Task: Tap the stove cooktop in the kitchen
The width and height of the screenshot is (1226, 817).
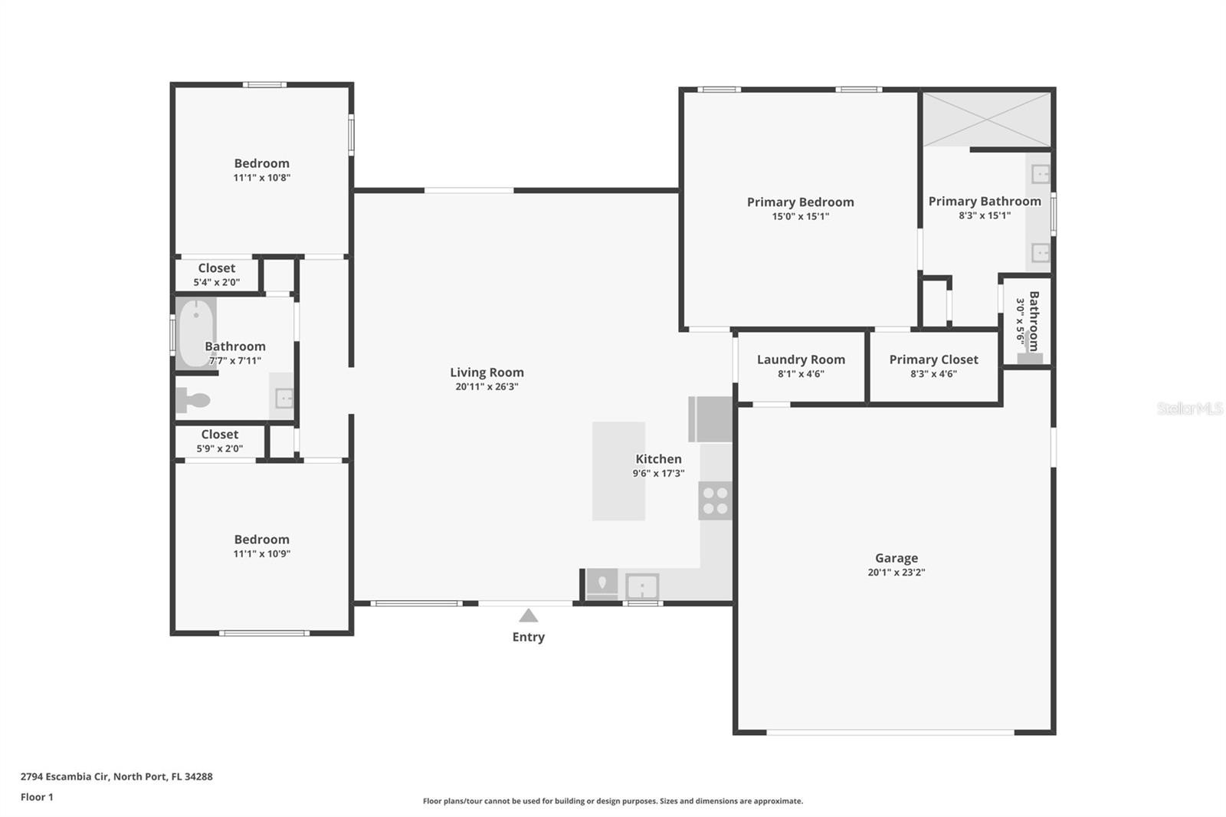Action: coord(716,500)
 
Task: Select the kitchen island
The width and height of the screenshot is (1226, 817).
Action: coord(618,471)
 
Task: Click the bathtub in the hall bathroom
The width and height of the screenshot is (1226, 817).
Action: coord(196,333)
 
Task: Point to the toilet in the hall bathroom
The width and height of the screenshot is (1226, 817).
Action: coord(192,400)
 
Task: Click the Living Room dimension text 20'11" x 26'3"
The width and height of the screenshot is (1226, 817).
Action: coord(487,386)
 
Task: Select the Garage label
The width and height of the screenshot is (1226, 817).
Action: coord(897,558)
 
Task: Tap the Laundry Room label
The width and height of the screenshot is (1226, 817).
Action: coord(801,359)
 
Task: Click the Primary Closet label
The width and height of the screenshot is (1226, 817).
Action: coord(934,359)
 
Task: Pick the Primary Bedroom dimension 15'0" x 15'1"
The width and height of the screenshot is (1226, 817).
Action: coord(801,216)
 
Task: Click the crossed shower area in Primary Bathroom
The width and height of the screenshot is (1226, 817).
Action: coord(987,120)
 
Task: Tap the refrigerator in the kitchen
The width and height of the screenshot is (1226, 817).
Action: coord(710,419)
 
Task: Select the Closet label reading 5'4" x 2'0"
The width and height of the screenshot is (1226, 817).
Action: coord(217,275)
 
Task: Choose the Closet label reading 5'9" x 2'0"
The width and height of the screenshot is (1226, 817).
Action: coord(219,441)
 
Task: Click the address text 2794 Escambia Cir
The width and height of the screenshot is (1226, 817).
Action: coord(66,776)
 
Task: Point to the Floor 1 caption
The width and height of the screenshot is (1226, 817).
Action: coord(38,797)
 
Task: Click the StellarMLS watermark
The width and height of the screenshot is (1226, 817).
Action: coord(1190,408)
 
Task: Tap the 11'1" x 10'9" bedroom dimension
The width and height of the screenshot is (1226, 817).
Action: coord(262,553)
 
